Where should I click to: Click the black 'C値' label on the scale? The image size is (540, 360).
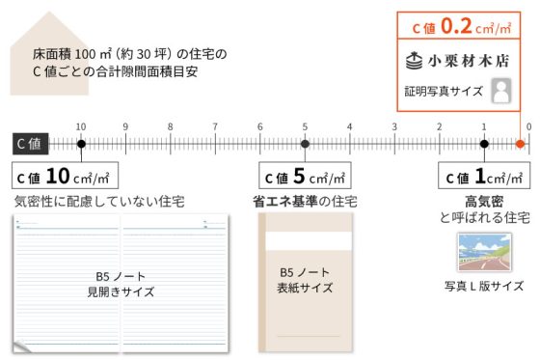28,145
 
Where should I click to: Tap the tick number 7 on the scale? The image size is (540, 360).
215,126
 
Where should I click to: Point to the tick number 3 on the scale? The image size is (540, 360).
394,126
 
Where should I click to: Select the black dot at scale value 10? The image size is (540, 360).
81,145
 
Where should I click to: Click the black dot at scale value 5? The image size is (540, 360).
305,145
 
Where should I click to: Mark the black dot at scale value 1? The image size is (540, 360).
484,145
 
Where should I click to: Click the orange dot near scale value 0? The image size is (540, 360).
520,145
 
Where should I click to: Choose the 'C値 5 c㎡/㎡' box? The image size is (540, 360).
305,178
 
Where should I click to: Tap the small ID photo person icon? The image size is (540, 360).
500,91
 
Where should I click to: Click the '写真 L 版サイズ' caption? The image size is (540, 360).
484,286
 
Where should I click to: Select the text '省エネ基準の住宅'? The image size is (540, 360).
305,202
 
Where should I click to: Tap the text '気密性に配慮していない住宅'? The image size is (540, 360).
99,202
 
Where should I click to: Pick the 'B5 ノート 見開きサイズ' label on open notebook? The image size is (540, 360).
121,283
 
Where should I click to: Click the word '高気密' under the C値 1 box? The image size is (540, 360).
484,202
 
